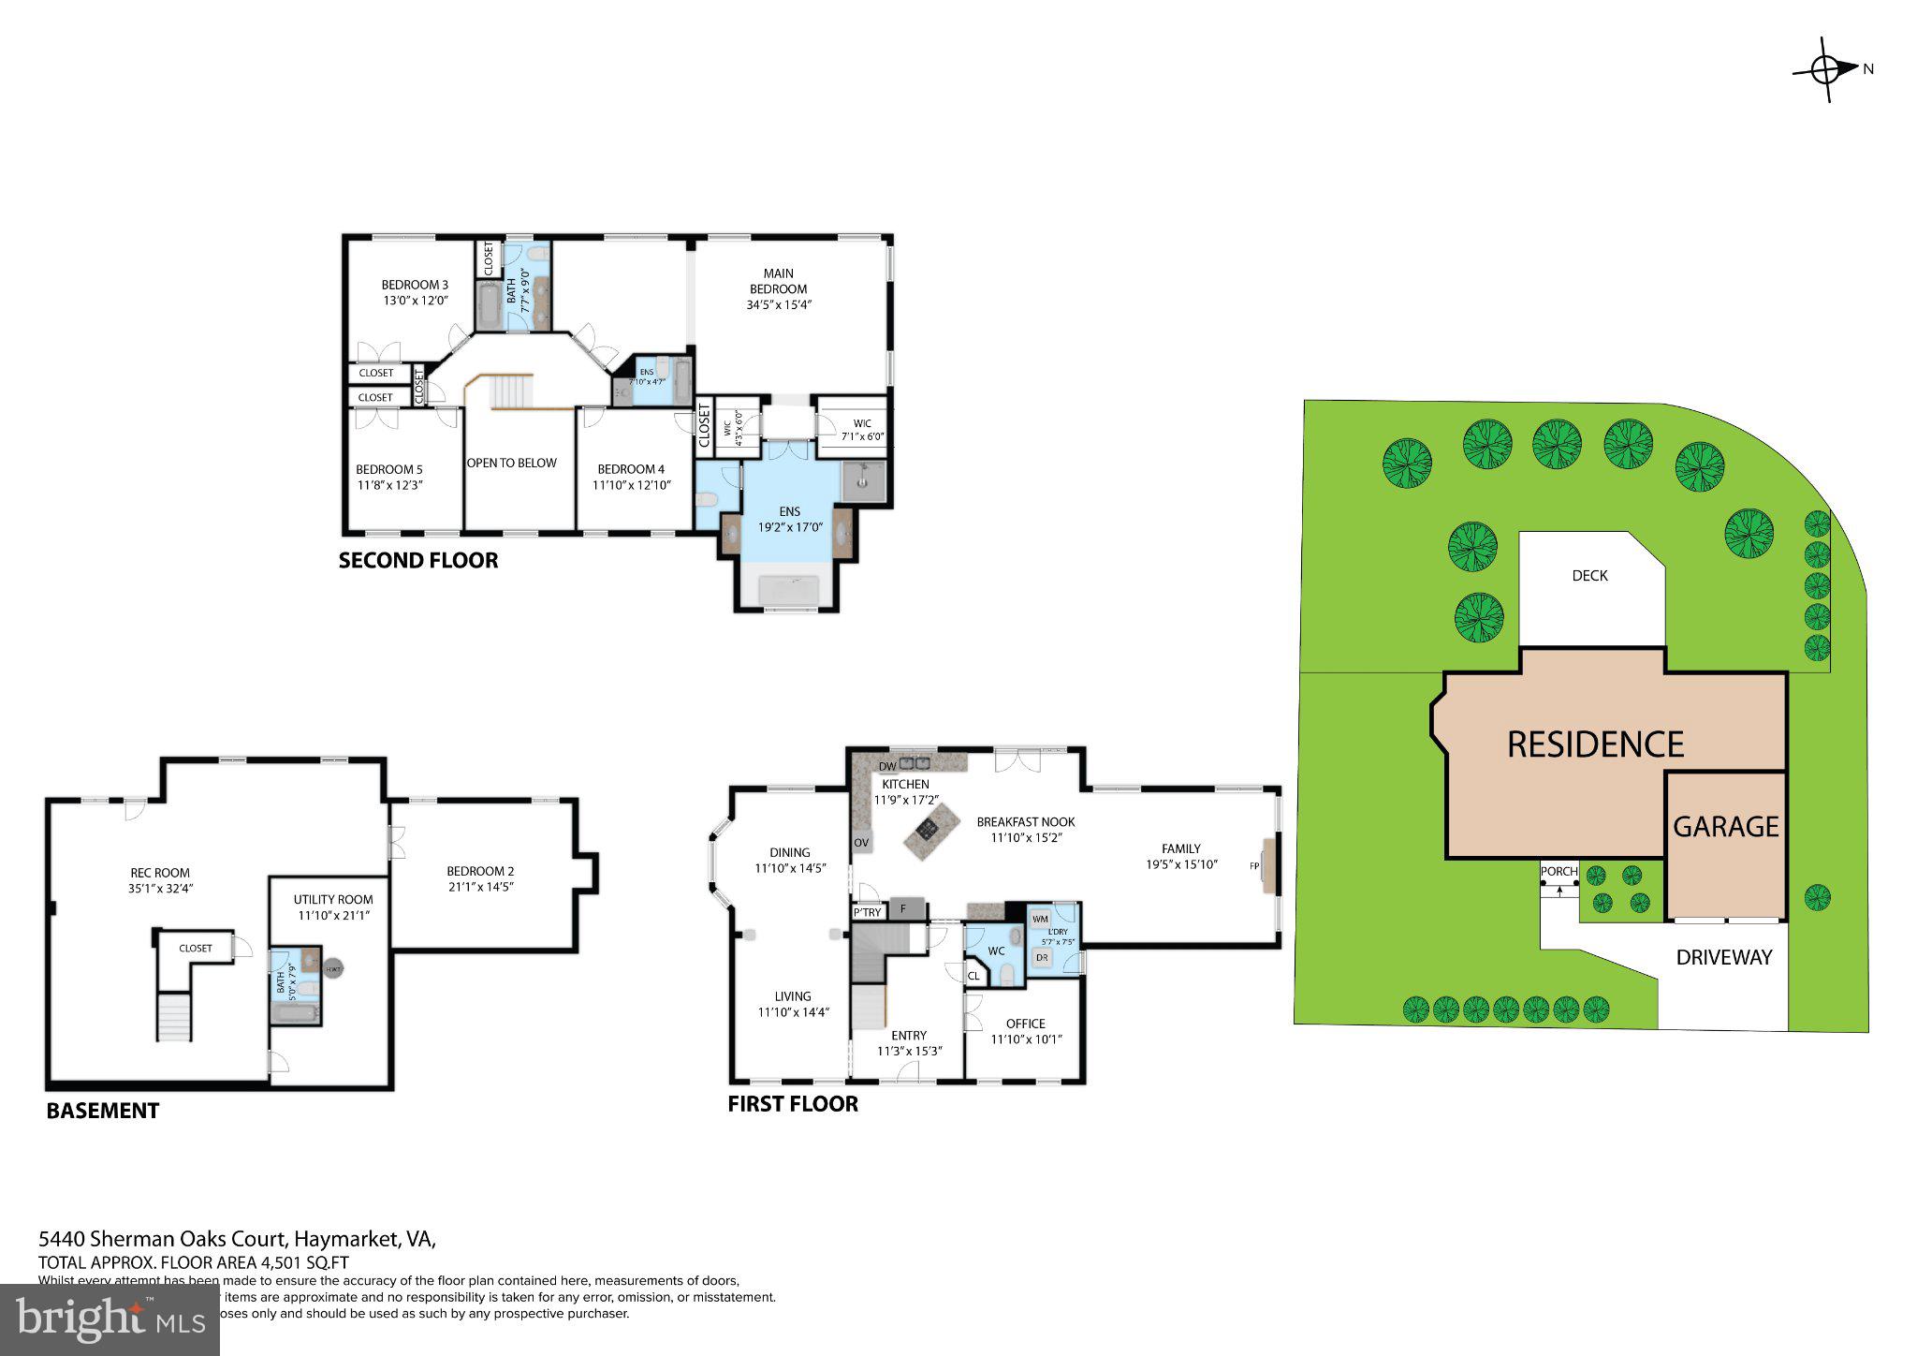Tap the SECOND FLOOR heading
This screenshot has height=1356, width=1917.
[417, 561]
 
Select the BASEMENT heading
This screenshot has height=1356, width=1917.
[103, 1111]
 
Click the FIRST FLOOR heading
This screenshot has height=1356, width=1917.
[793, 1104]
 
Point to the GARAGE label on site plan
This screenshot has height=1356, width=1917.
[1725, 827]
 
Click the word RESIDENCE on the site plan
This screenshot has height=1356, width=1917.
[1595, 744]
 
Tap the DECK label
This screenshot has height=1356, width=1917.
[1589, 576]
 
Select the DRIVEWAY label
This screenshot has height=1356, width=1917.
[1724, 957]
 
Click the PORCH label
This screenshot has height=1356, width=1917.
[1558, 872]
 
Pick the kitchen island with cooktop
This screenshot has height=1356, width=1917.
[931, 828]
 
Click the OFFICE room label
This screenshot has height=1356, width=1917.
[1025, 1024]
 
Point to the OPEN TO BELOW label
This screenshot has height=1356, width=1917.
[512, 463]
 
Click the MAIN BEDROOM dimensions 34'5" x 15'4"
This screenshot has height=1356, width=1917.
[778, 304]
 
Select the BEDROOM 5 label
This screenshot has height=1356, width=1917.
[388, 469]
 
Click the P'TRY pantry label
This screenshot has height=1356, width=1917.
[867, 911]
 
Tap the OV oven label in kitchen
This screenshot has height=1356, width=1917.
[861, 842]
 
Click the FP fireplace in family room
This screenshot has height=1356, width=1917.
[1254, 865]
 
